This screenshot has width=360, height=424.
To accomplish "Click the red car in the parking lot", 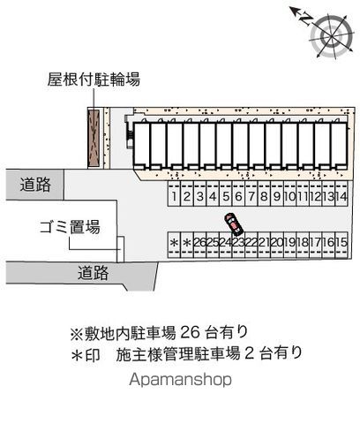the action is tap(234, 224).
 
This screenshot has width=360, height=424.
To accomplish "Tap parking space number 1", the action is tap(174, 193).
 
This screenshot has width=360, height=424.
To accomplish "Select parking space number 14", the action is tap(341, 193).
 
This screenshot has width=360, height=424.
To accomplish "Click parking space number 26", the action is tap(200, 245).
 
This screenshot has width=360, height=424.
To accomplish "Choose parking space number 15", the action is tap(341, 245).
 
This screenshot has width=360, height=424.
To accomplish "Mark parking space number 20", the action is tap(277, 245).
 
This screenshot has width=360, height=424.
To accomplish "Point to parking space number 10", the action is tap(290, 193).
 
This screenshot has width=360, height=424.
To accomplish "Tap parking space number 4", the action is tap(213, 193).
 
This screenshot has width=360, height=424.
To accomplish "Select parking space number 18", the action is tap(303, 245).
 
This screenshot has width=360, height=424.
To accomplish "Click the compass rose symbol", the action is tap(331, 36).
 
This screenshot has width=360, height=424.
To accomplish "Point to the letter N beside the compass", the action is tap(306, 19).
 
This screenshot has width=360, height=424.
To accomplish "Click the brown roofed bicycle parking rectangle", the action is tap(94, 139).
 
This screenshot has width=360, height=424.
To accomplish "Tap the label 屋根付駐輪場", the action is tap(94, 79).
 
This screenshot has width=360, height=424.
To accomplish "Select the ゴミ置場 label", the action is tap(70, 227).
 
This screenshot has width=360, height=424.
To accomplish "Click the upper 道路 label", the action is tap(35, 185).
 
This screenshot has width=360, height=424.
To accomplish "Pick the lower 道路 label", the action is tap(93, 273).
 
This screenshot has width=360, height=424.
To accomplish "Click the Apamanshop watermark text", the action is tap(180, 380).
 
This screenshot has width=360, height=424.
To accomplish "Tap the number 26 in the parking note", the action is tap(190, 332).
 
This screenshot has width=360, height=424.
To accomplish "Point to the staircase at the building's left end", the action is tap(129, 136).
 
